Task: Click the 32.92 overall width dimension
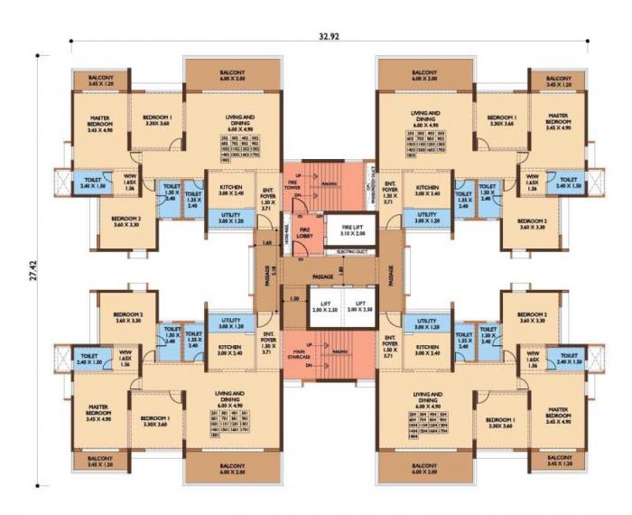click(329, 37)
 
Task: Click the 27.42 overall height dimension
click(33, 271)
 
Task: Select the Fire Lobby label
click(303, 233)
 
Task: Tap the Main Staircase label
click(299, 353)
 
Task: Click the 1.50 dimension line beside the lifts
click(293, 298)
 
